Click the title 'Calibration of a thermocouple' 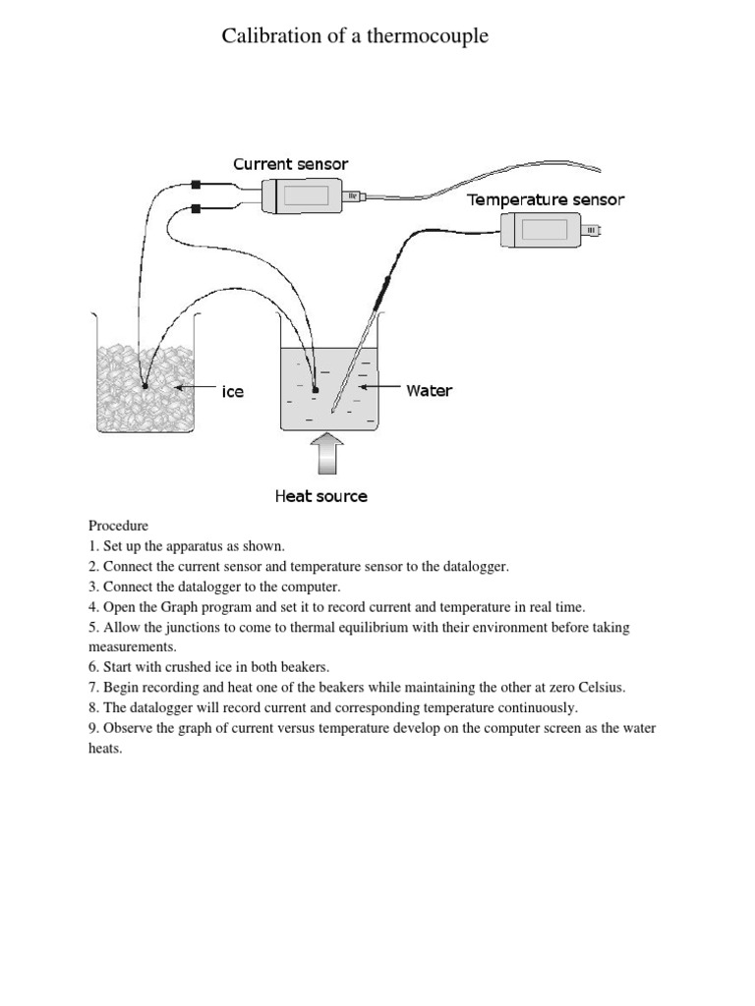pyautogui.click(x=355, y=36)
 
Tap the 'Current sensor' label pyautogui.click(x=290, y=164)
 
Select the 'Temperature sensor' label pyautogui.click(x=546, y=199)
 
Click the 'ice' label pyautogui.click(x=232, y=391)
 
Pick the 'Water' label pyautogui.click(x=430, y=390)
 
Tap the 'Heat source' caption pyautogui.click(x=320, y=496)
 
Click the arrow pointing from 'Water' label pyautogui.click(x=380, y=389)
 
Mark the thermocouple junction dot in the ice pyautogui.click(x=145, y=386)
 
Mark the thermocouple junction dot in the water pyautogui.click(x=315, y=390)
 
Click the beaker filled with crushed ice pyautogui.click(x=145, y=378)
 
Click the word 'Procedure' pyautogui.click(x=118, y=526)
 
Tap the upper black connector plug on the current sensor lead pyautogui.click(x=197, y=184)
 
